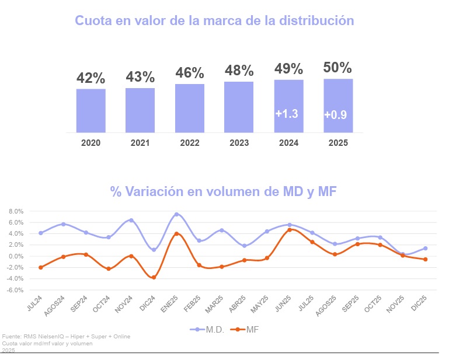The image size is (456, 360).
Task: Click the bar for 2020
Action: click(90, 110)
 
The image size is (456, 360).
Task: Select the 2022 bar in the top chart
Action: click(189, 108)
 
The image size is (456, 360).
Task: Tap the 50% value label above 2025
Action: click(337, 68)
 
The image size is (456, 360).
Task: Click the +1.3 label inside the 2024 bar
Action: click(287, 114)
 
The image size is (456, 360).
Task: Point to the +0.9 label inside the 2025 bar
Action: click(336, 115)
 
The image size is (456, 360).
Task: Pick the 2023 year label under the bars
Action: click(239, 142)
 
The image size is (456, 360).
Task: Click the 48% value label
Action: click(239, 71)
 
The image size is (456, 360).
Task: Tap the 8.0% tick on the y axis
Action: click(15, 211)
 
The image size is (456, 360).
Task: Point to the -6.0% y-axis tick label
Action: click(14, 290)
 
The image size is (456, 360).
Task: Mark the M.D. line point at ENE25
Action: click(176, 215)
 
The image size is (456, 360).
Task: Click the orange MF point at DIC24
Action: click(154, 277)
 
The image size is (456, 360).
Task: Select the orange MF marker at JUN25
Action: click(290, 230)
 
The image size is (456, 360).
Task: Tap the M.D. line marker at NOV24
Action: click(131, 221)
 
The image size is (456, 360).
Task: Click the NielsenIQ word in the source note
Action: click(57, 337)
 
